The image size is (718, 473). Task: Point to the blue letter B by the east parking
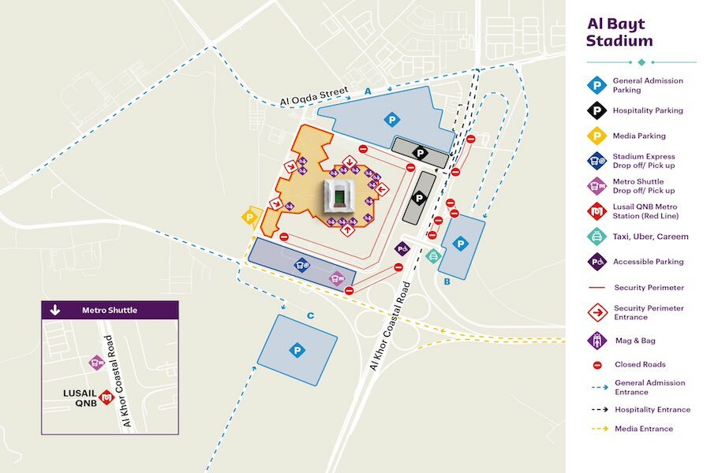tap(447, 281)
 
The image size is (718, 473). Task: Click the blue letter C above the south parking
tap(310, 316)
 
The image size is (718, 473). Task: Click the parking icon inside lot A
tap(391, 120)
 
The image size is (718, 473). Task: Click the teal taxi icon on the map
tap(432, 255)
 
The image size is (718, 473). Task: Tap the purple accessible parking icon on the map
tap(402, 249)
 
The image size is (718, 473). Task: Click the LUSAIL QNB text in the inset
tap(80, 397)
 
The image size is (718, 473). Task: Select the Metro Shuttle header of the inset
tap(110, 310)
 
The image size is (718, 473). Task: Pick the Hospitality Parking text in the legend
tap(649, 111)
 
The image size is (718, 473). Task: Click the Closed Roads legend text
tap(640, 365)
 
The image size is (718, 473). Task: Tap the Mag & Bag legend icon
tap(598, 341)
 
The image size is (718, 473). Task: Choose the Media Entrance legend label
tap(643, 429)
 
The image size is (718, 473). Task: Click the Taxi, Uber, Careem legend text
tap(651, 236)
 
